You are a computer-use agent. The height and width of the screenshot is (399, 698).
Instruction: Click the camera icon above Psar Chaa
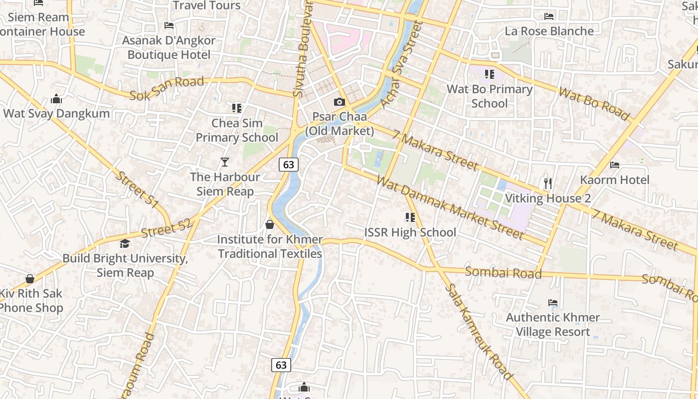pos(340,102)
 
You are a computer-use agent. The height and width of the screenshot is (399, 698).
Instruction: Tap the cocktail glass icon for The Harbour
pos(225,162)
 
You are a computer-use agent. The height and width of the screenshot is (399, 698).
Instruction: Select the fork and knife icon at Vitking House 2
pos(548,184)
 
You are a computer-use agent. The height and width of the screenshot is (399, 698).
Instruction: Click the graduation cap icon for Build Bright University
pos(125,243)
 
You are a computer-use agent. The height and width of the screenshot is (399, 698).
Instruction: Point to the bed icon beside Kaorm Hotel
pos(615,165)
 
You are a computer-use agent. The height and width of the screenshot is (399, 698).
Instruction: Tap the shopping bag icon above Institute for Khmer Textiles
pos(270,224)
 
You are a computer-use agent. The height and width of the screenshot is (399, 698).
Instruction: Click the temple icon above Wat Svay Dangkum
pos(56,99)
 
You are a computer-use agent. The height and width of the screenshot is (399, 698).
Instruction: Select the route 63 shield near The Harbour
pos(289,164)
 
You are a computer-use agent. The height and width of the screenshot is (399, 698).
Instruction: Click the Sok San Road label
pos(167,88)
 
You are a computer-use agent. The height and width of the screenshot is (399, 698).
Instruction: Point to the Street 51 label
pos(138,190)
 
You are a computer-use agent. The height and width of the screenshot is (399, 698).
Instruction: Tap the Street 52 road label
pos(167,229)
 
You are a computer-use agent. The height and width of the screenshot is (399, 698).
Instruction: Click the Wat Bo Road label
pos(594,104)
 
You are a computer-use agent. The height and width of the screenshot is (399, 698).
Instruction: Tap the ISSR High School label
pos(410,232)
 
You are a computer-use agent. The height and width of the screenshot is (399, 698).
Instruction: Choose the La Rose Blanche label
pos(549,31)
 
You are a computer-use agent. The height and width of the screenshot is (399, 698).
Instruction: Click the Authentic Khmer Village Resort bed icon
pos(552,303)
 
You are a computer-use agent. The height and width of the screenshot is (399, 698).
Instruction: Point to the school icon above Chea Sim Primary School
pos(237,108)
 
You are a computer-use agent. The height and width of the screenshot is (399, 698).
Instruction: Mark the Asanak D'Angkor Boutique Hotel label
pos(169,47)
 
